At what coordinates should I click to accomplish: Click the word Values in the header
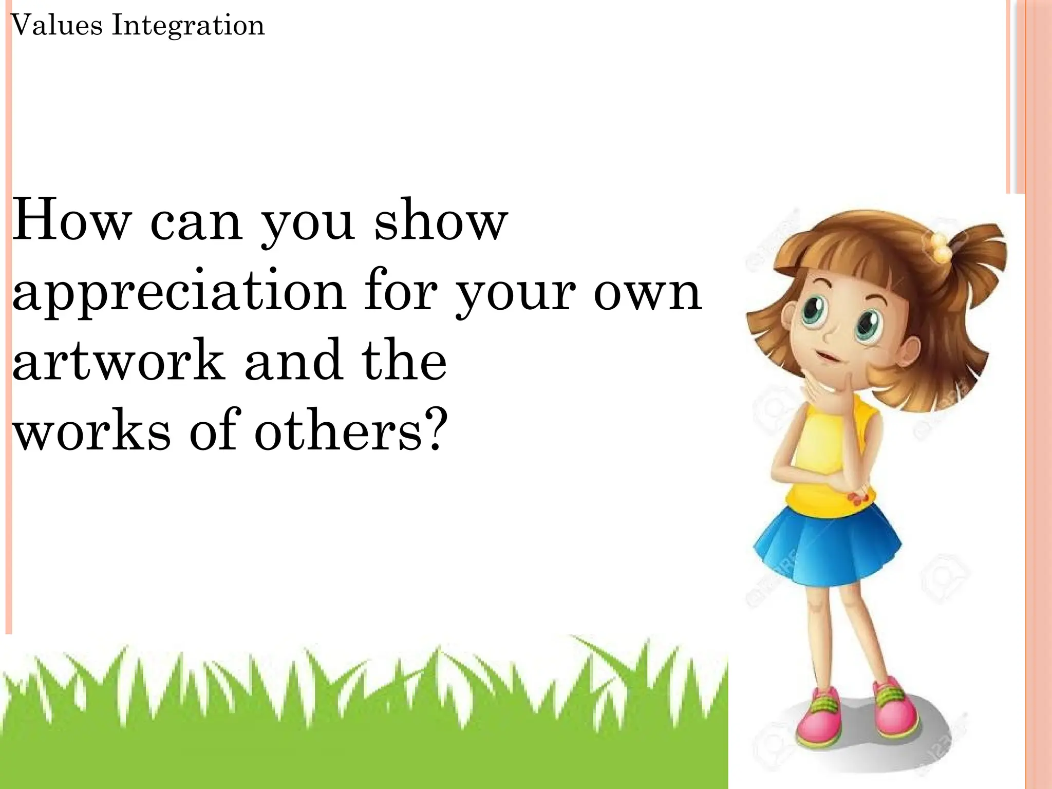point(57,25)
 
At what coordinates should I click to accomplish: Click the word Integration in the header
point(188,25)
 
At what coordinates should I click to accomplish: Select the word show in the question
point(441,221)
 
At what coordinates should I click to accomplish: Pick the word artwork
point(118,361)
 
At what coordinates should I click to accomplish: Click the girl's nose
point(828,336)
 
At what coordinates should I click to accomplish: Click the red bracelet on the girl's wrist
point(859,497)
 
